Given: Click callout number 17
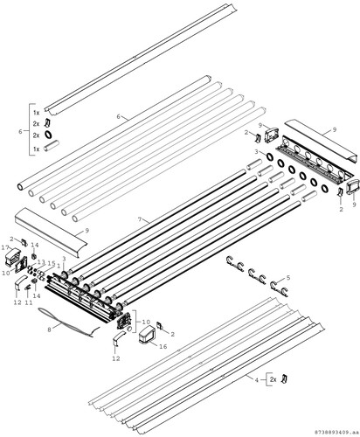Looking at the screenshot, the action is coord(5,247).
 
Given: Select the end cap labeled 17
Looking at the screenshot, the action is coord(12,256).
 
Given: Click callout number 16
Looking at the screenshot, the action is coord(163,346).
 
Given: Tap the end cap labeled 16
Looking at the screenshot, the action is coord(147,335).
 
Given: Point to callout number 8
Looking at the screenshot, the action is coord(49,329).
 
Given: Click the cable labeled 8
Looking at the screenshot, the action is coord(69,323).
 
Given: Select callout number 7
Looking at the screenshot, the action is coord(140,219).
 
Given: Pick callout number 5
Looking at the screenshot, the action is coord(288,278).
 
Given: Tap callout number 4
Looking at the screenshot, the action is coord(257,380).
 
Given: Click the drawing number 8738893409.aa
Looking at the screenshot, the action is coord(336,431).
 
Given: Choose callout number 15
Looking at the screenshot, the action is coord(52,263).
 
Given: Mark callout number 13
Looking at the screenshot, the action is coord(41,261).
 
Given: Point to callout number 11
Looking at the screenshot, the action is coord(28,302).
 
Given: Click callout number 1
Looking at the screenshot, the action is coord(59,266).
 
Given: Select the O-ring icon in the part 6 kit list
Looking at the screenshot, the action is coord(48,135).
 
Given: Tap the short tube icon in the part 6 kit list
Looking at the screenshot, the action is coord(51,145).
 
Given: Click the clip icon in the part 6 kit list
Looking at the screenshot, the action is coord(47,122).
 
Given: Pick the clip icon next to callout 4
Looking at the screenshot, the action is coord(284,379).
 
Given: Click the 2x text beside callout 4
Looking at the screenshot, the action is coord(273,379).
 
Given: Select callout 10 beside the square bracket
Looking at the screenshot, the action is coord(146,322).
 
